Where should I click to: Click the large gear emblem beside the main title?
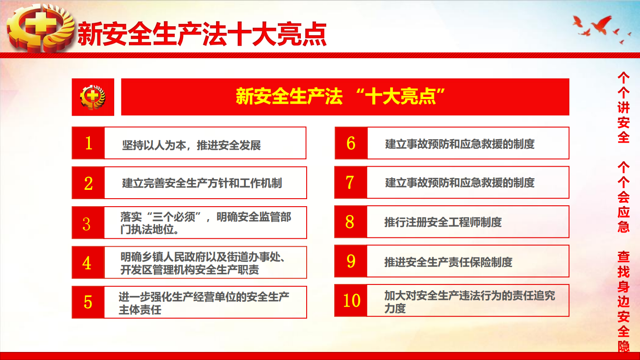click(x=40, y=28)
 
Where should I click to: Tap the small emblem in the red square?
click(x=92, y=97)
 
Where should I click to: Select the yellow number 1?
click(x=88, y=143)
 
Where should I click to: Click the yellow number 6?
click(x=351, y=143)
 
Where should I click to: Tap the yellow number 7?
click(x=350, y=183)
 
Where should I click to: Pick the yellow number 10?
click(x=352, y=300)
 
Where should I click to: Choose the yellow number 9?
click(x=351, y=261)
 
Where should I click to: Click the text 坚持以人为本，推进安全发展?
click(x=192, y=145)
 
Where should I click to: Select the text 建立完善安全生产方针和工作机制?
click(x=202, y=183)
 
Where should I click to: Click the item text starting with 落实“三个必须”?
click(x=206, y=223)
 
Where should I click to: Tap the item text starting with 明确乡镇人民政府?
click(x=203, y=263)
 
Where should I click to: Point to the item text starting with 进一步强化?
click(x=204, y=303)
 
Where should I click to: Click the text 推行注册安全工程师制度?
click(x=443, y=222)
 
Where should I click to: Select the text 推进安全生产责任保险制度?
click(x=448, y=262)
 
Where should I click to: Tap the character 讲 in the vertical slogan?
click(x=624, y=108)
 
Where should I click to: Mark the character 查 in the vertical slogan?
click(x=624, y=257)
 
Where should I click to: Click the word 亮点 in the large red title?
click(x=302, y=34)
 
